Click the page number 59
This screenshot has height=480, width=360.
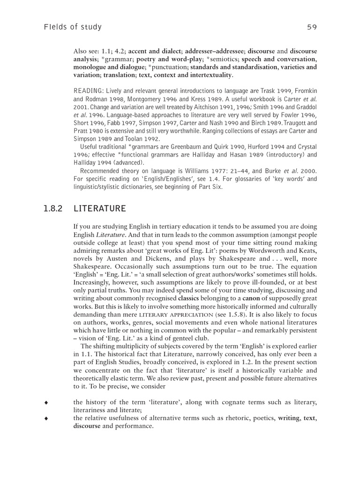pos(312,27)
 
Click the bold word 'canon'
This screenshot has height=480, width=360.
pos(250,298)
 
